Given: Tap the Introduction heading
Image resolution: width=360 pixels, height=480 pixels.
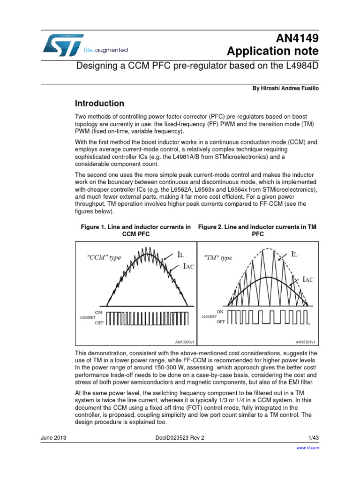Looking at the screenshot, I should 100,104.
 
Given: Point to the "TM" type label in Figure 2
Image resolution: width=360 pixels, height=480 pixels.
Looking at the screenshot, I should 218,258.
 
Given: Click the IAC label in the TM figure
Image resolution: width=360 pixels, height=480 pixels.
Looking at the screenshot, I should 307,279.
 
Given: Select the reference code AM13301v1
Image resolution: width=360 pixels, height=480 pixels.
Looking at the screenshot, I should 305,342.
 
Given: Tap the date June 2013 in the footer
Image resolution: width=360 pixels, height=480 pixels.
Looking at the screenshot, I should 53,437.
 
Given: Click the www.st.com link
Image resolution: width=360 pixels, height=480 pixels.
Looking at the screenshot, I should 309,448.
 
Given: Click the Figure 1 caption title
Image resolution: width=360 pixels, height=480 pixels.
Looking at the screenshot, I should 135,230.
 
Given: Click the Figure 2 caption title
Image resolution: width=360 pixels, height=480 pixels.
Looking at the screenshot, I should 257,230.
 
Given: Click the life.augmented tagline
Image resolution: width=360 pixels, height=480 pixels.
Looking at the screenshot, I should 105,50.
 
